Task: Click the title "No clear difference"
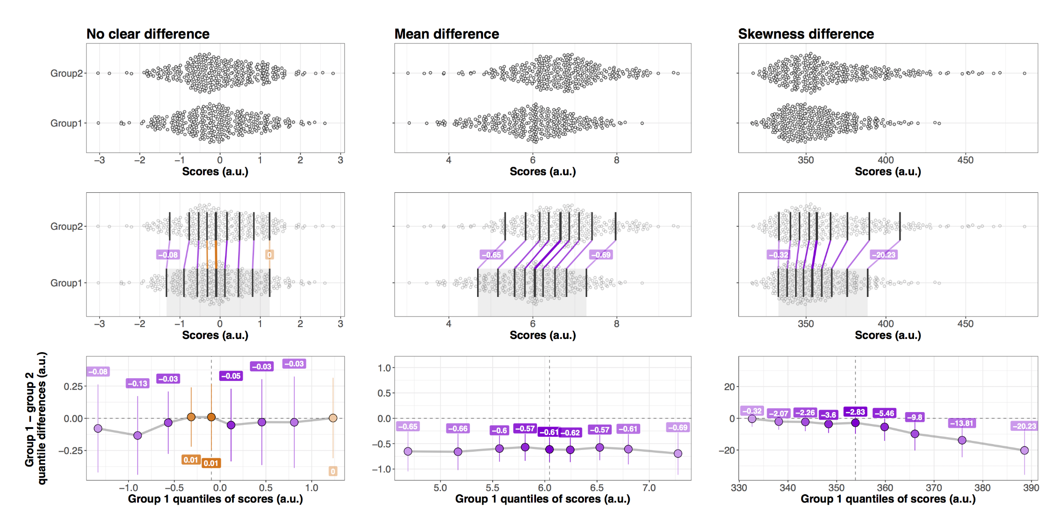148,34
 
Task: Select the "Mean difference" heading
446,34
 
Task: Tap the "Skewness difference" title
806,34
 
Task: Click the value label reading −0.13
138,383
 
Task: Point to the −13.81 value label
962,423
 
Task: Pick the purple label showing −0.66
457,428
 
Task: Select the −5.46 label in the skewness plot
884,413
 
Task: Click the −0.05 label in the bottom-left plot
231,376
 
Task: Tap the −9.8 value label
914,417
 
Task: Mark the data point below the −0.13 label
138,435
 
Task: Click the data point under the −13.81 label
962,440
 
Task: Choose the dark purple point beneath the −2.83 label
855,423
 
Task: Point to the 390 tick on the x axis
1031,488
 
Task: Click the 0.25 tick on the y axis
73,386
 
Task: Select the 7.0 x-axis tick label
649,488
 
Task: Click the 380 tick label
982,488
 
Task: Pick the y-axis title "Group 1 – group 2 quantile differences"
36,418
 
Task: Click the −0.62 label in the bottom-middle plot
570,433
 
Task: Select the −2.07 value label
778,413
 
